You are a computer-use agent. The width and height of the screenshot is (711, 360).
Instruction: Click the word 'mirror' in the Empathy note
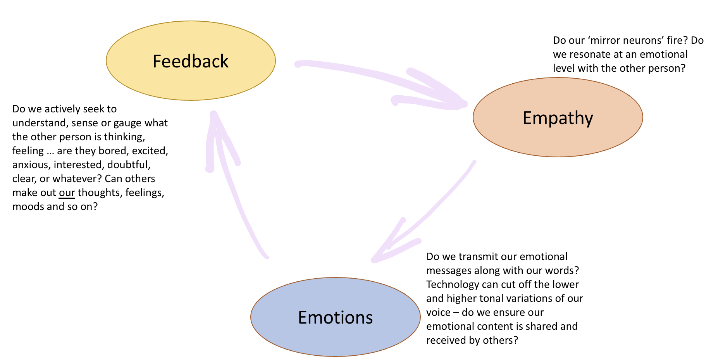point(609,41)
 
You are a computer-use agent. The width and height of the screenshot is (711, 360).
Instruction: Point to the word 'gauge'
point(126,123)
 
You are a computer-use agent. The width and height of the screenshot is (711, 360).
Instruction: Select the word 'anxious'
point(31,165)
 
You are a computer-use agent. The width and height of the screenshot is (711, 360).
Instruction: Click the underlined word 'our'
point(67,193)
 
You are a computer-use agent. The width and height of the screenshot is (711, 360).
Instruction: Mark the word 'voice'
point(438,313)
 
